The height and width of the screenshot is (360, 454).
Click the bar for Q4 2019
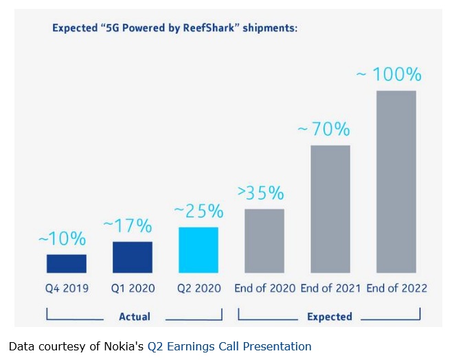pos(67,264)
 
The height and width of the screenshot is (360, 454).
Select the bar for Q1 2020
pos(133,258)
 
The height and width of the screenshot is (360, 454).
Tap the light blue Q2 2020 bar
pos(198,250)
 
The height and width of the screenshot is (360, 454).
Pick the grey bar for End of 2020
pos(264,241)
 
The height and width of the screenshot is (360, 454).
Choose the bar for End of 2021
pos(330,210)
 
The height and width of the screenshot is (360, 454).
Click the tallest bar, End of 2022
pos(396,182)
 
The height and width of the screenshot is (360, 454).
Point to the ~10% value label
pos(62,239)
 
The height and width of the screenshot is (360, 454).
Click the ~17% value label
pos(128,225)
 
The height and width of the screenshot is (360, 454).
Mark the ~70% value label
pos(324,128)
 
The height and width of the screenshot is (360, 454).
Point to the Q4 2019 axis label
pos(67,289)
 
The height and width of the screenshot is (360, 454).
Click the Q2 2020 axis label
pos(199,289)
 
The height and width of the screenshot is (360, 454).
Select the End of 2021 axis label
pos(330,289)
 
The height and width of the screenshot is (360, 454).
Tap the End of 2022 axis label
pos(396,289)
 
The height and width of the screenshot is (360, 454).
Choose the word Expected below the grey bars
pos(330,317)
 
